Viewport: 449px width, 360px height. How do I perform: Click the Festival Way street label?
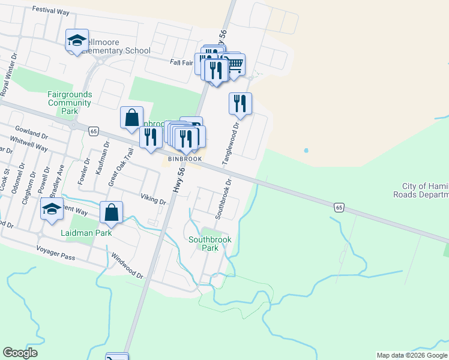(52, 10)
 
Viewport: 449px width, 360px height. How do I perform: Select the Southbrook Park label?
(209, 244)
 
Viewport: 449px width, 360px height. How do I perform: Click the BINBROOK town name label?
(184, 159)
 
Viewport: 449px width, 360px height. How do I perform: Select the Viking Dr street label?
(154, 199)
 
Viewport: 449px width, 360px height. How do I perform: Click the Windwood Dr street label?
(127, 265)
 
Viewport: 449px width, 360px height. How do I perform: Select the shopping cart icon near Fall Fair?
(234, 64)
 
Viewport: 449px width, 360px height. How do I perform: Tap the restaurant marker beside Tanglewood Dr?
(240, 103)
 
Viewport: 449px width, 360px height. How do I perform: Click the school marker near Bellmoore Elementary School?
(77, 40)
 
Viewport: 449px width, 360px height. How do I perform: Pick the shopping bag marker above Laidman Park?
(111, 212)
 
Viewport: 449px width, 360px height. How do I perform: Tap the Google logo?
(20, 353)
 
